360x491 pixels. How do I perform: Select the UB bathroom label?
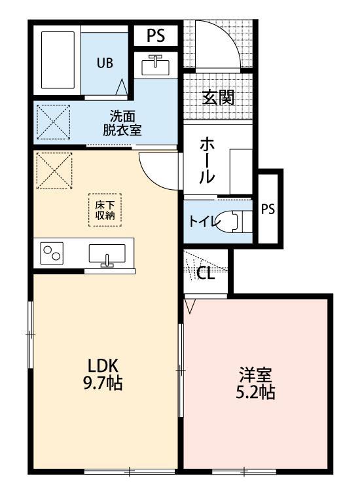coord(105,64)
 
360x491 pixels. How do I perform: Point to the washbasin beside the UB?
coord(155,65)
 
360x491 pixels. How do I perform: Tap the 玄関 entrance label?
coord(218,98)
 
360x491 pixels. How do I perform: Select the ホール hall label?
coord(207,159)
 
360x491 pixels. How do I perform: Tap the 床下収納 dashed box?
coord(105,209)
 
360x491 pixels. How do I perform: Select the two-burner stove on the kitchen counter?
coord(52,253)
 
